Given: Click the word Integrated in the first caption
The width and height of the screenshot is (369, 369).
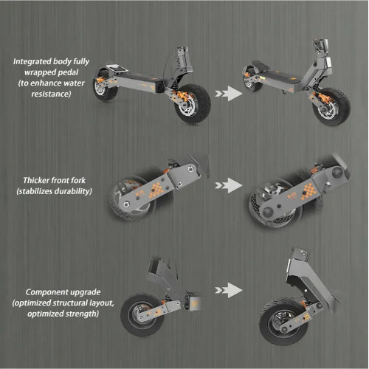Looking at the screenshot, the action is click(30, 61).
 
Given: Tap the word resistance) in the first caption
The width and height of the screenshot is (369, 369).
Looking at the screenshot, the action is click(51, 94).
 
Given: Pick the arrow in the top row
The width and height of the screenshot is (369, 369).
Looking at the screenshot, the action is click(229, 94).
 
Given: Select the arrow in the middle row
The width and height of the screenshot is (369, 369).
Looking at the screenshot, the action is click(229, 185).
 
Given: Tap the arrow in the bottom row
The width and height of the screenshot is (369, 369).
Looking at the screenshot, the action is click(229, 290).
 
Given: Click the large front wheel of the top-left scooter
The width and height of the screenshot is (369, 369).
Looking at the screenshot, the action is click(193, 103).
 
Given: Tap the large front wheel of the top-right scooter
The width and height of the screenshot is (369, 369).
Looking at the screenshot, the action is click(331, 107).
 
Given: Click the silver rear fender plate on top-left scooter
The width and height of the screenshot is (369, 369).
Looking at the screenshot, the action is click(117, 69).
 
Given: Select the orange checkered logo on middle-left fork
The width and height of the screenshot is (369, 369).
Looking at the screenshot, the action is click(156, 190).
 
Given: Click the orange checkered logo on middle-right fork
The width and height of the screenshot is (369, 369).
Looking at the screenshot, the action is click(308, 192).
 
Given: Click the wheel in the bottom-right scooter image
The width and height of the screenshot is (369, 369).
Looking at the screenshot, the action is click(283, 322).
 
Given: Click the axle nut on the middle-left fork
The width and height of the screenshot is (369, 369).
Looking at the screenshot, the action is click(127, 204).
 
